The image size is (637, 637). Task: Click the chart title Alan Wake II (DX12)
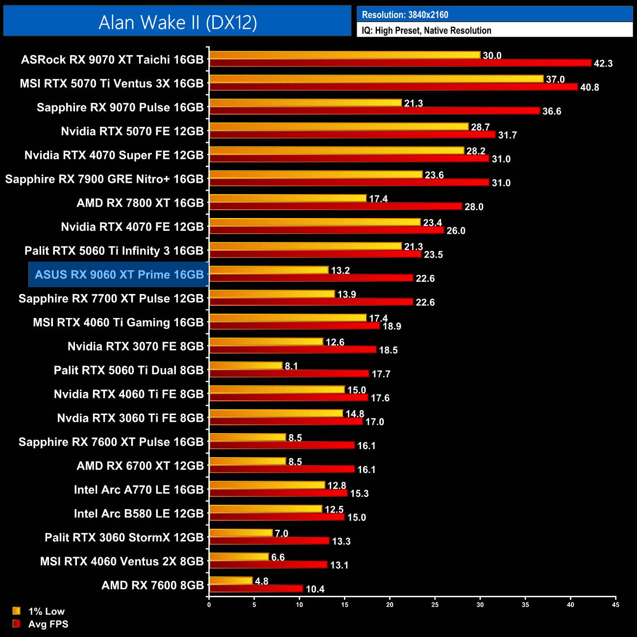coord(177,23)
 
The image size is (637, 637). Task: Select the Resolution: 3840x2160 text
coord(405,15)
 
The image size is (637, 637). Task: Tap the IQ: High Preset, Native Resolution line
coord(426,30)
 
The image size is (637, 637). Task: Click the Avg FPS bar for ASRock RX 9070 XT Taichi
coord(400,63)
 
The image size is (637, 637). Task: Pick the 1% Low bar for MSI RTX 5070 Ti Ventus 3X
coord(376,79)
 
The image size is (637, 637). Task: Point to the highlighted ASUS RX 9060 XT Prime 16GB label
coord(119,274)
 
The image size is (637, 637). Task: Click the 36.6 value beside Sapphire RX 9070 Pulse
coord(551,111)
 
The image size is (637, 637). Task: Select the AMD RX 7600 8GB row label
coord(152,585)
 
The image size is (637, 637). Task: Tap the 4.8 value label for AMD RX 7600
coord(262,581)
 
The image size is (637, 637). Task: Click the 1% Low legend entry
coord(46,611)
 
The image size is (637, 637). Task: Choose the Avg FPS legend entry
coord(48,624)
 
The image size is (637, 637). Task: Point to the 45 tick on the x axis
coord(615,605)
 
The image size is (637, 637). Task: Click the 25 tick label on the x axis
coord(435,605)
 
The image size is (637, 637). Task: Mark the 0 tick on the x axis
coord(209,605)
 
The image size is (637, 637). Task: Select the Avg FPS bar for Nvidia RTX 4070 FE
coord(326,230)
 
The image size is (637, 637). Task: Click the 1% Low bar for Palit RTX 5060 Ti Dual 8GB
coord(246,366)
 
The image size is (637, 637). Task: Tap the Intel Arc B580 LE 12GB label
coord(139,514)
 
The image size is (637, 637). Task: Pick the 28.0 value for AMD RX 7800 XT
coord(474,207)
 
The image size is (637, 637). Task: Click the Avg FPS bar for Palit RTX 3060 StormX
coord(269,541)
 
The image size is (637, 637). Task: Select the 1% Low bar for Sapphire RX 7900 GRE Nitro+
coord(316,174)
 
